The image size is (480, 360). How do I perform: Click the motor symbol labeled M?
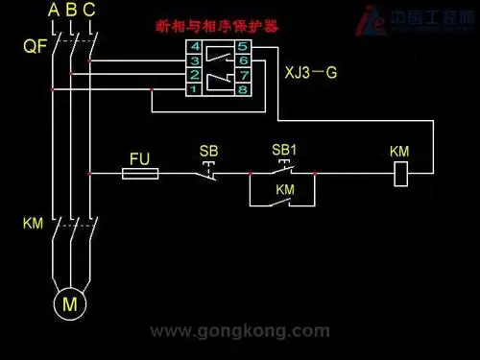click(69, 303)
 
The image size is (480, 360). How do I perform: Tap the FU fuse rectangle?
click(141, 174)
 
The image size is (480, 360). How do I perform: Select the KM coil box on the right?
click(403, 174)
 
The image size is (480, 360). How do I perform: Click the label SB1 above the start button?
click(284, 150)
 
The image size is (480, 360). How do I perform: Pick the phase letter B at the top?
click(71, 11)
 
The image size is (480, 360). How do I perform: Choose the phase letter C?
click(89, 11)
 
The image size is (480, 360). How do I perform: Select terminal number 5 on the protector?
click(243, 45)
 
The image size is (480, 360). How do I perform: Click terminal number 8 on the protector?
click(243, 88)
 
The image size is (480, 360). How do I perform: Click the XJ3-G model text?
click(311, 71)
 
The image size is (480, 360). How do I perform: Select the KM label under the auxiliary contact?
click(285, 190)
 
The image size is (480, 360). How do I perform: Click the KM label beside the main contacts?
click(34, 224)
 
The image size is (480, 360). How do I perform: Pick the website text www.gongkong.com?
click(240, 331)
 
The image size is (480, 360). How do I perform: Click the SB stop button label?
click(208, 151)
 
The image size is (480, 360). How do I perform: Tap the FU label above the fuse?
click(140, 156)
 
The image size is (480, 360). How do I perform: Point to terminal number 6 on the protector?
click(243, 60)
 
